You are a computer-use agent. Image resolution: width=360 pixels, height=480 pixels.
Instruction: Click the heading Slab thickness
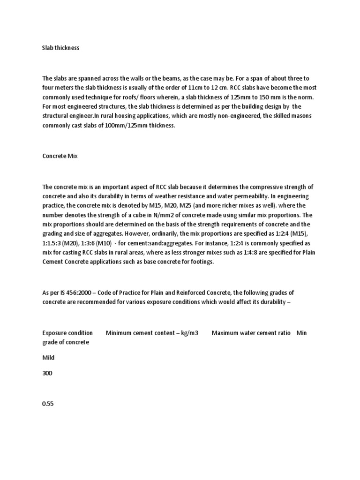[60, 48]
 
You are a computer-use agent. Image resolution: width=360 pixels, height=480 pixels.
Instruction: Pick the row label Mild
[48, 358]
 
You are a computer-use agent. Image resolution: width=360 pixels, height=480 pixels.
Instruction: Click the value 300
[47, 374]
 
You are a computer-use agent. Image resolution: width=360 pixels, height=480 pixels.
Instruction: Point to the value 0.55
[48, 404]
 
